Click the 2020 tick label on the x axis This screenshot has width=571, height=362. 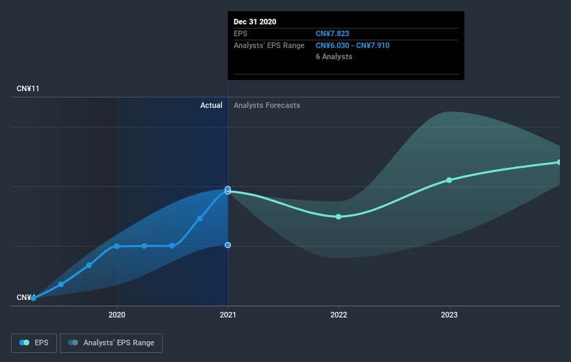tap(117, 315)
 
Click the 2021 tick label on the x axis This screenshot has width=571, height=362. tap(227, 315)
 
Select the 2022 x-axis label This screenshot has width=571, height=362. tap(339, 315)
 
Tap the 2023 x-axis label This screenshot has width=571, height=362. tap(449, 315)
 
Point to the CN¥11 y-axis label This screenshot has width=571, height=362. tap(30, 89)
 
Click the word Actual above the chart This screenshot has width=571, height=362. tap(211, 105)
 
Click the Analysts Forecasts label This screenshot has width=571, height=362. tap(267, 105)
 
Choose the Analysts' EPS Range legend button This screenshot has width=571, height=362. tap(111, 343)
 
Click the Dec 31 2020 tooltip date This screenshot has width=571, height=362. tap(255, 22)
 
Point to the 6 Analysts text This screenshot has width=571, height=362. tap(334, 56)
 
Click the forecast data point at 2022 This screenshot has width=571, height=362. tap(339, 217)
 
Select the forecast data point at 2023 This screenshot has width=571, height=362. tap(449, 180)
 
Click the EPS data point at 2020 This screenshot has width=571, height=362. tap(117, 246)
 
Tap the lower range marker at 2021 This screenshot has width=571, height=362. tap(227, 245)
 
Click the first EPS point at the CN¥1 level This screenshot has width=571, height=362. tap(33, 298)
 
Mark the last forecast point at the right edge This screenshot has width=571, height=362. tap(559, 162)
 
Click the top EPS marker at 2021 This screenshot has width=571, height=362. tap(227, 189)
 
